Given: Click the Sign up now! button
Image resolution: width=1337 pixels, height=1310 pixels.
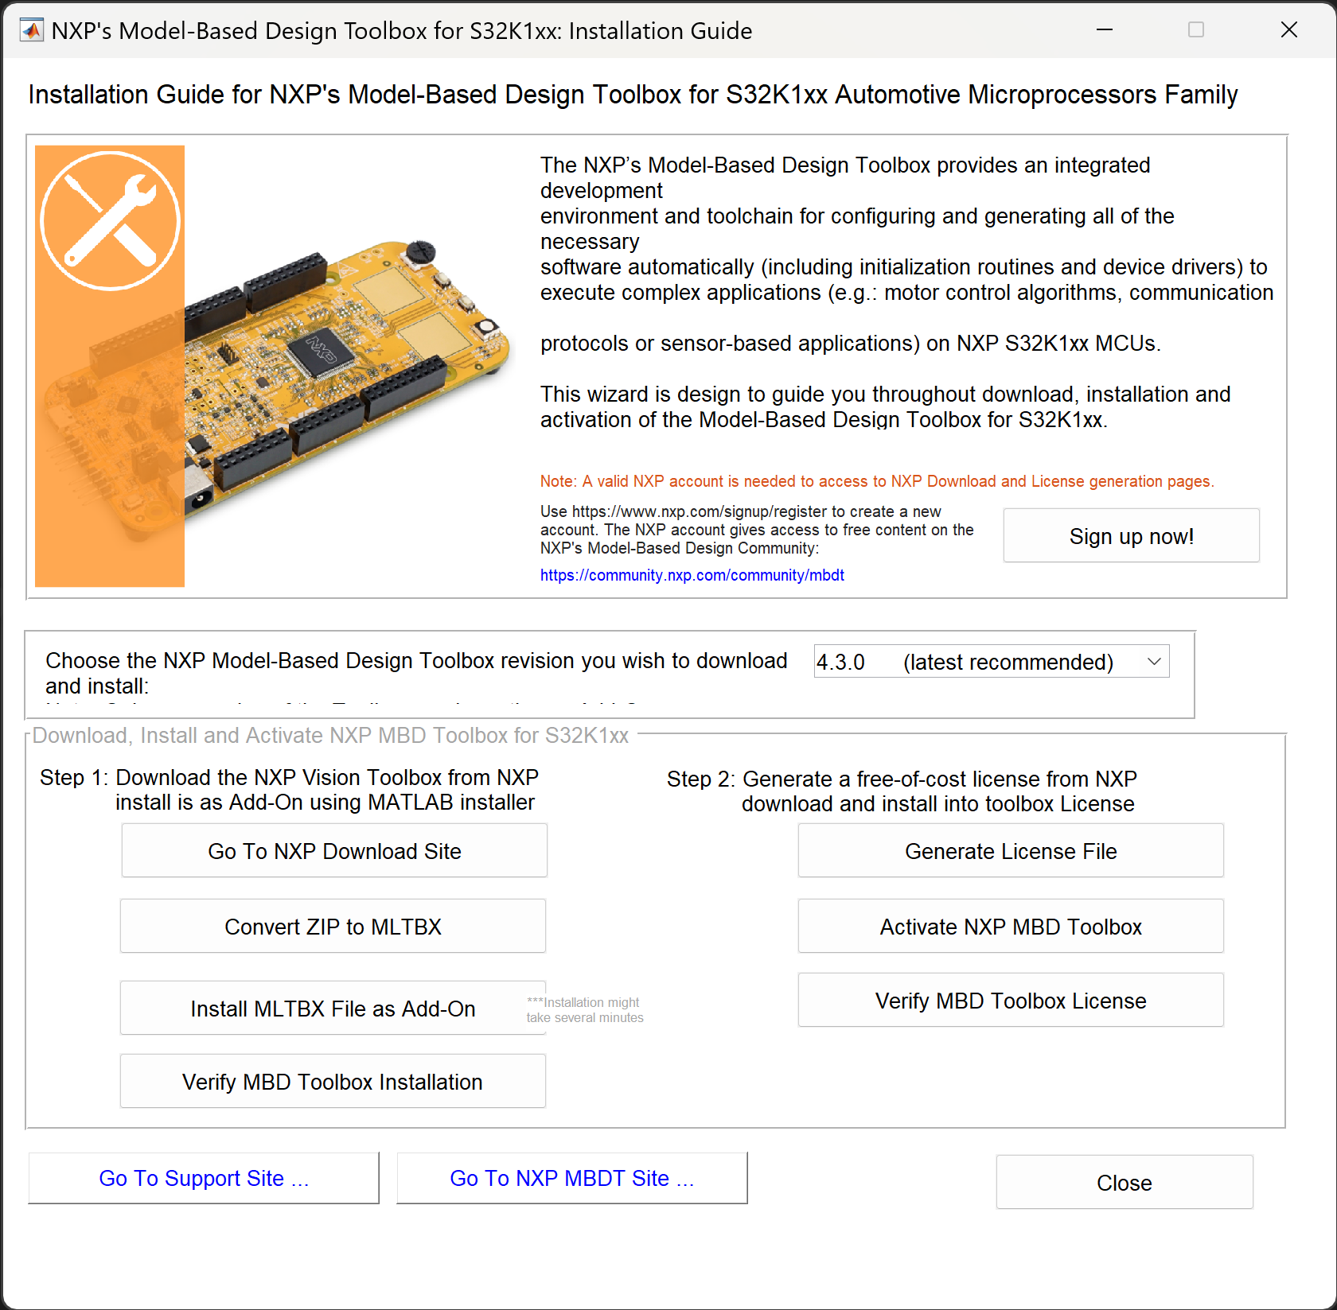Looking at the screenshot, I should tap(1131, 536).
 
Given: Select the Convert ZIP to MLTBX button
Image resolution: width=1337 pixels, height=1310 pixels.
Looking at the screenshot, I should tap(333, 927).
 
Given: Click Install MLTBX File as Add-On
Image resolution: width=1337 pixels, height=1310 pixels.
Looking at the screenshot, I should tap(333, 1009).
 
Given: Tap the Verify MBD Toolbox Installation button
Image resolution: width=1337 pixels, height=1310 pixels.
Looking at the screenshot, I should tap(333, 1082).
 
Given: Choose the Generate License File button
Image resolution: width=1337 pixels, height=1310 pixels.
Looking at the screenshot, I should tap(1011, 851).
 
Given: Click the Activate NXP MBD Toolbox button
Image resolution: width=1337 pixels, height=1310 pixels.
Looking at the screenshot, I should tap(1011, 927).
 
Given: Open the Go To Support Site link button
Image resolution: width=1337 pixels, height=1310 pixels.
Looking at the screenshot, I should tap(204, 1178).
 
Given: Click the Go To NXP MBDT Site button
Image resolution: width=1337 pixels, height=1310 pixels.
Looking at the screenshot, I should tap(571, 1178).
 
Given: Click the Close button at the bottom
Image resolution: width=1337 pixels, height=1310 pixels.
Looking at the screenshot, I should tap(1124, 1183).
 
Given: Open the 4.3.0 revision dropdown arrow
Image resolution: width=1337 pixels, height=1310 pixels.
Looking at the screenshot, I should tap(1154, 662).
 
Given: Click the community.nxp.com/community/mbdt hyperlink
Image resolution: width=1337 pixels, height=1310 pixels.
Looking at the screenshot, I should tap(692, 575).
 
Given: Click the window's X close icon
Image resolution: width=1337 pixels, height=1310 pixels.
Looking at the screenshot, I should tap(1288, 30).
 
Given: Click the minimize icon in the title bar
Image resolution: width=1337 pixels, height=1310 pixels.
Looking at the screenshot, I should tap(1105, 30).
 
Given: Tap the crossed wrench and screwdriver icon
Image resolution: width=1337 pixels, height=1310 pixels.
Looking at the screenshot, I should tap(111, 220).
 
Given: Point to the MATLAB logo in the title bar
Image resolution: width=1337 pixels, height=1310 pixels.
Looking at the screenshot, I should tap(32, 30).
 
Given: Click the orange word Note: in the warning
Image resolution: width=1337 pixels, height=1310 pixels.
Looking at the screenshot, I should tap(558, 481).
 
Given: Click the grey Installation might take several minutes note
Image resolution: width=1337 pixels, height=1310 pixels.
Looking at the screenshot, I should tap(585, 1010).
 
